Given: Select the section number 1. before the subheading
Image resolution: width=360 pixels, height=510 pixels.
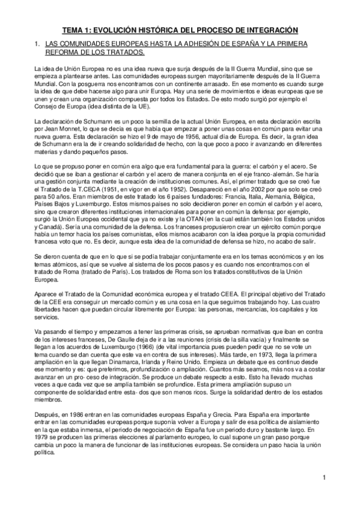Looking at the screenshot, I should click(x=37, y=45).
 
